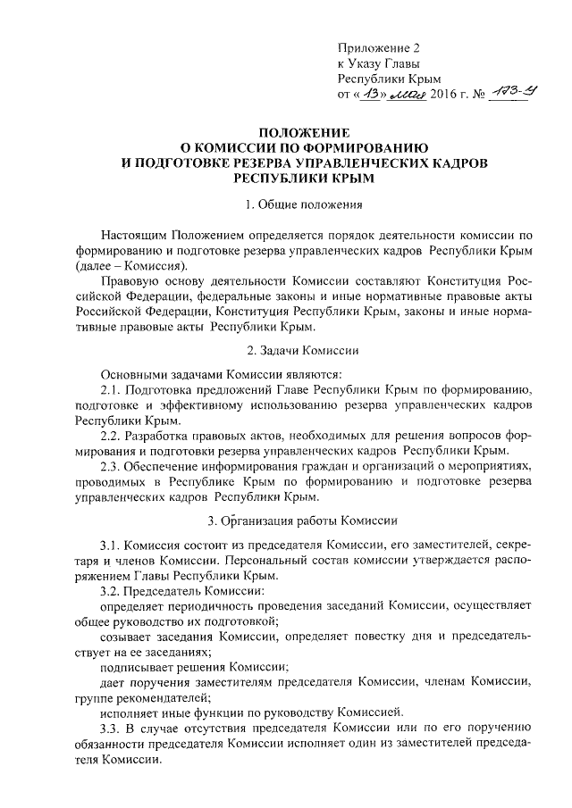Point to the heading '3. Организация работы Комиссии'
click(285, 519)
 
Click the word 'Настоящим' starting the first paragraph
click(132, 234)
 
